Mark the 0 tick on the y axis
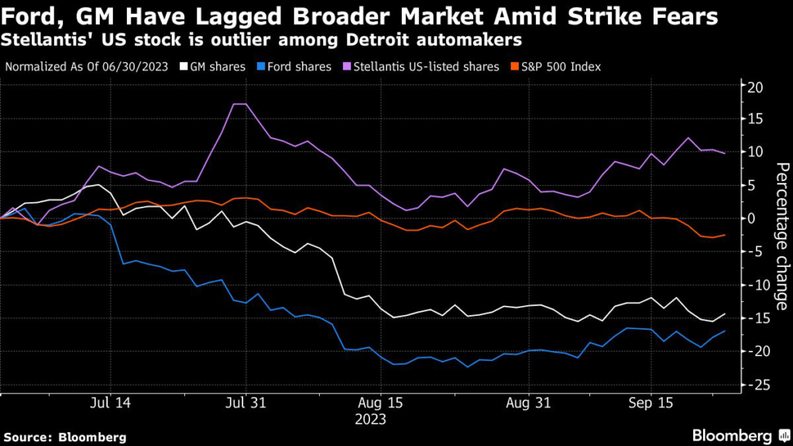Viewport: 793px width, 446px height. pyautogui.click(x=750, y=219)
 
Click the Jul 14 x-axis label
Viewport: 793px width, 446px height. pyautogui.click(x=110, y=403)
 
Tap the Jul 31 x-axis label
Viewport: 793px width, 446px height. pyautogui.click(x=245, y=403)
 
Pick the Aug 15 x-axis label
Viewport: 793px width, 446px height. pyautogui.click(x=381, y=403)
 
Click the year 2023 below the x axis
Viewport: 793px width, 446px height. pyautogui.click(x=370, y=420)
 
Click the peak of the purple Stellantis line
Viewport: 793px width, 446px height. pyautogui.click(x=240, y=104)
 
